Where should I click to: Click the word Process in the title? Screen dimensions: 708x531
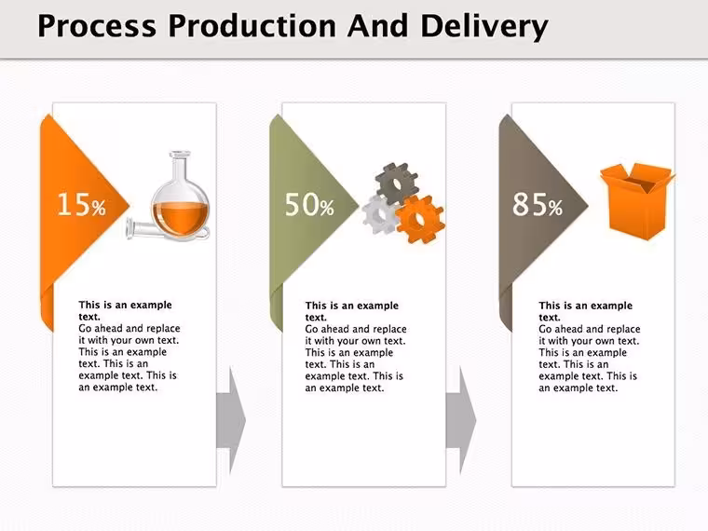[x=97, y=26]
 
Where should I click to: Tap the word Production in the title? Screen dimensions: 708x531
[x=252, y=26]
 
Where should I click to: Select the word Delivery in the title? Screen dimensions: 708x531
[x=484, y=27]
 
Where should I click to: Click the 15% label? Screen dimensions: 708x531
[x=82, y=204]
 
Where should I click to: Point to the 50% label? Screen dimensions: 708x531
[x=309, y=204]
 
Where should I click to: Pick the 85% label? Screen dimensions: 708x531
[x=538, y=204]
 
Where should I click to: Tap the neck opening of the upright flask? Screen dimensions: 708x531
[x=180, y=155]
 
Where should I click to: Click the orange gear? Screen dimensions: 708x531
[x=420, y=220]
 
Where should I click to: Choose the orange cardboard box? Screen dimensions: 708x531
[x=636, y=201]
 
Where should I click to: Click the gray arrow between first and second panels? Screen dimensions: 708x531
[x=231, y=420]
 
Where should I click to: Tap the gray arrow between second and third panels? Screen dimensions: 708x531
[x=461, y=420]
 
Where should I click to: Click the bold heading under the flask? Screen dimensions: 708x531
[x=125, y=310]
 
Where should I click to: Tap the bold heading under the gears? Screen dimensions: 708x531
[x=352, y=311]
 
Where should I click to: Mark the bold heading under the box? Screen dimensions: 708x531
[x=586, y=311]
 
